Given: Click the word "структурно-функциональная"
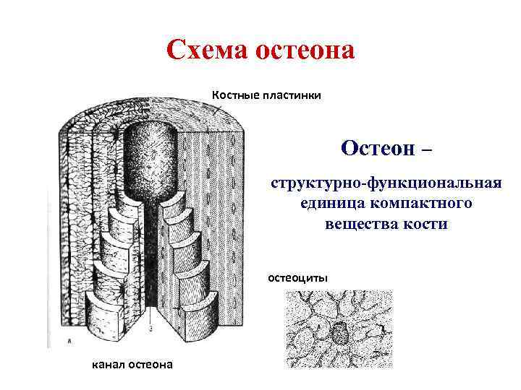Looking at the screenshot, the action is (386, 183).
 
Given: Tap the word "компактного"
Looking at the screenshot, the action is (420, 203).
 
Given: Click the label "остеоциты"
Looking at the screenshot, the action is (297, 277).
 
